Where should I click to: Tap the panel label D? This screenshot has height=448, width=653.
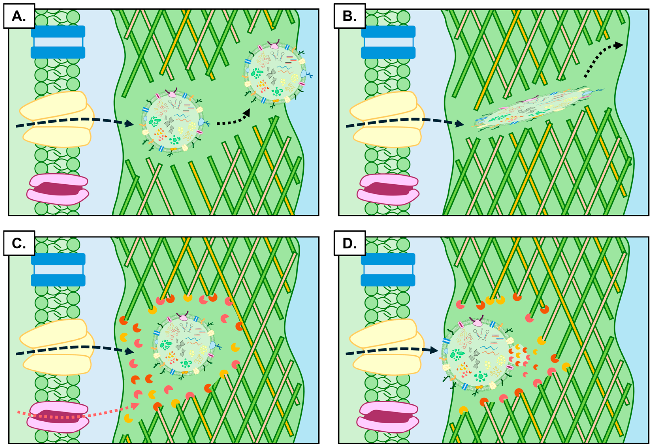[350, 243]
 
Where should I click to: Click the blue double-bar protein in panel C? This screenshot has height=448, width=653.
[58, 270]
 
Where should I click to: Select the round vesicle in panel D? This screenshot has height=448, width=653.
[478, 355]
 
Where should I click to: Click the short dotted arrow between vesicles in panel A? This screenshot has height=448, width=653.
[233, 119]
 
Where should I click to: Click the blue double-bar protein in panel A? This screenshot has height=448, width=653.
[58, 42]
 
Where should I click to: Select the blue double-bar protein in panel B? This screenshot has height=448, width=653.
[388, 42]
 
